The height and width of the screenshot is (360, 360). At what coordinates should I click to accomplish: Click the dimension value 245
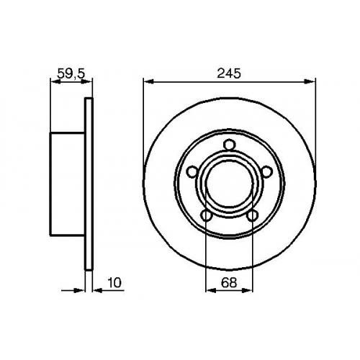(228, 73)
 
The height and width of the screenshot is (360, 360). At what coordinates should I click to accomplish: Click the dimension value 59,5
(71, 73)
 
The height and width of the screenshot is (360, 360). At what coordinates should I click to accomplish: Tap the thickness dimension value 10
(114, 282)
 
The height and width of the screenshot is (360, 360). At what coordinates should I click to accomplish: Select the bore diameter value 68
(229, 282)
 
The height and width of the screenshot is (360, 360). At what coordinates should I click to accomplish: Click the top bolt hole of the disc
(229, 145)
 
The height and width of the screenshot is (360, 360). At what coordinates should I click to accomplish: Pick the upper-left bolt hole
(192, 171)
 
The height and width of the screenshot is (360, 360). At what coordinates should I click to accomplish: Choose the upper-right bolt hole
(266, 171)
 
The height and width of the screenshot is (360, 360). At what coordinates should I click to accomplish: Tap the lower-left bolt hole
(207, 215)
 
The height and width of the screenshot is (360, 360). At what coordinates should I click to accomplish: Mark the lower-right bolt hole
(252, 215)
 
